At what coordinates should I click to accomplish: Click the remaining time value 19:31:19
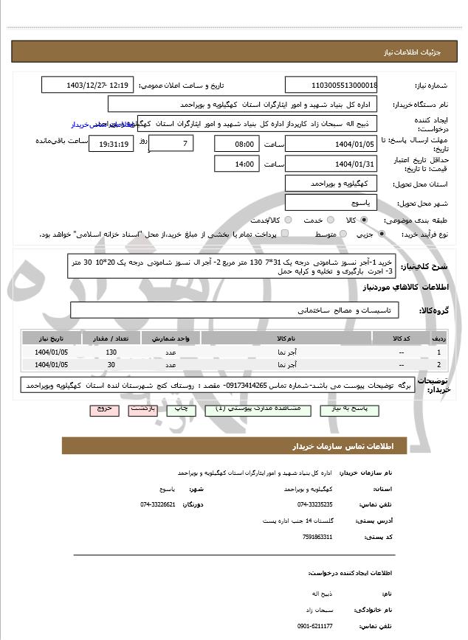111,144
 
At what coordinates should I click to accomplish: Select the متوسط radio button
341,234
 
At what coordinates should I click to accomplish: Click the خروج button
104,408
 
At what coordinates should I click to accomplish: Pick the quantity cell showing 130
111,352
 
